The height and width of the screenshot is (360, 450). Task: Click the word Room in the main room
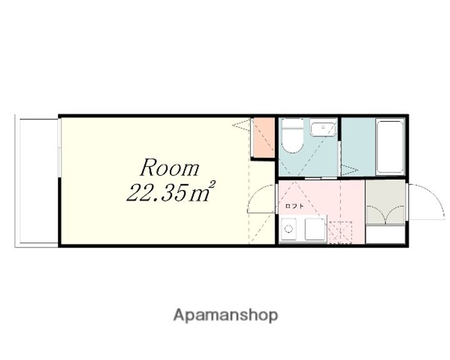click(169, 167)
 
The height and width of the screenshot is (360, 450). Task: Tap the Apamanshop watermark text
click(226, 316)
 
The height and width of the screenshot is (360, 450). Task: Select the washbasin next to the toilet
click(323, 129)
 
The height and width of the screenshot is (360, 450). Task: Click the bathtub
click(390, 147)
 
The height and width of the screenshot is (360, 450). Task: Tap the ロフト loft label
click(294, 206)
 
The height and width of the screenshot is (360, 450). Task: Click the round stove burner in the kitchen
click(288, 229)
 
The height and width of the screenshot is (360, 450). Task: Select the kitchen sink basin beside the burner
click(315, 229)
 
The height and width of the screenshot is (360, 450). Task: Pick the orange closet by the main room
click(264, 137)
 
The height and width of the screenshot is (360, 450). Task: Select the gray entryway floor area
click(385, 202)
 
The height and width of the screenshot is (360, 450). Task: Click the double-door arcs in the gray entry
click(386, 214)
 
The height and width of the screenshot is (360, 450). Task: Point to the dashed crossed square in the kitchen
click(340, 232)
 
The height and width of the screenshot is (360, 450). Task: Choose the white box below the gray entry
click(385, 234)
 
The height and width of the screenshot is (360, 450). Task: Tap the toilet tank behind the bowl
click(292, 123)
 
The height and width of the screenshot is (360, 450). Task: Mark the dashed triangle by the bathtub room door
click(349, 170)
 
